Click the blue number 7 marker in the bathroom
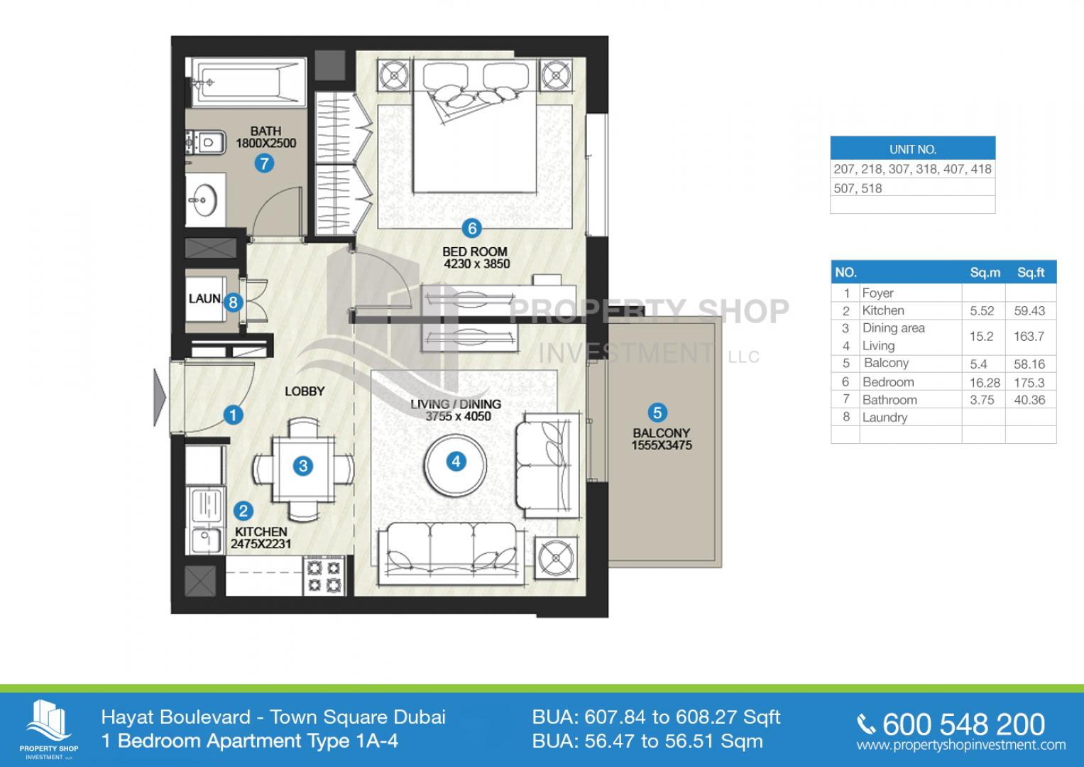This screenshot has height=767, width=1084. point(264,163)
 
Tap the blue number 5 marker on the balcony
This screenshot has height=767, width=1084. point(657,413)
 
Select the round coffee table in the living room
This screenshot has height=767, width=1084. point(455,465)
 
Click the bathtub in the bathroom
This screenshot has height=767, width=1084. point(248,82)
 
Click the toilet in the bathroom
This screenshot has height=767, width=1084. point(206,142)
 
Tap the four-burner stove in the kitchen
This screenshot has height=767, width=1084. point(324,576)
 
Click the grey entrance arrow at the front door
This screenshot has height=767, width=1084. point(160,398)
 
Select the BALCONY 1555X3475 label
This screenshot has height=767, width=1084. point(662,439)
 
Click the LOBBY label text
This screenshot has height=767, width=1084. point(305,391)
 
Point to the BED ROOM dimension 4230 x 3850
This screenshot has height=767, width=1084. point(476,264)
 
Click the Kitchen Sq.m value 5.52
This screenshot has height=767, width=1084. point(982,311)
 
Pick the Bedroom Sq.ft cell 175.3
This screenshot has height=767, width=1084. point(1029,383)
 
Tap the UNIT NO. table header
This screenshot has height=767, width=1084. point(913,148)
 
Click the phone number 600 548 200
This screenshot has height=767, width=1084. point(963,724)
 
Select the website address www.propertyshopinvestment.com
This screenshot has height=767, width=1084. point(961,745)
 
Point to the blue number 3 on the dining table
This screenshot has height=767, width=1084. point(303,467)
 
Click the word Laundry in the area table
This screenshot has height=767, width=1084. point(885,418)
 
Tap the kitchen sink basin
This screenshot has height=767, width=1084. point(205,540)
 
